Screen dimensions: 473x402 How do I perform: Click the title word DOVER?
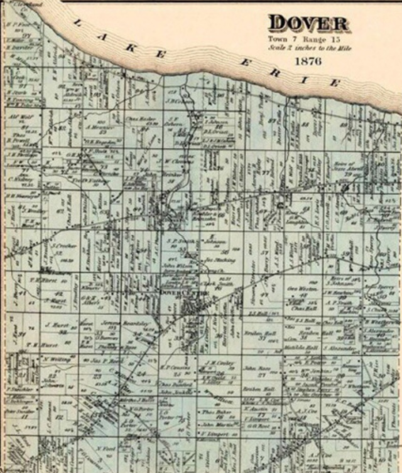click(x=309, y=24)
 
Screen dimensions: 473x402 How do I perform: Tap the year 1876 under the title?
click(x=307, y=61)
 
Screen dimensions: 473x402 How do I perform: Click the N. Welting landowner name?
click(x=57, y=359)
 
